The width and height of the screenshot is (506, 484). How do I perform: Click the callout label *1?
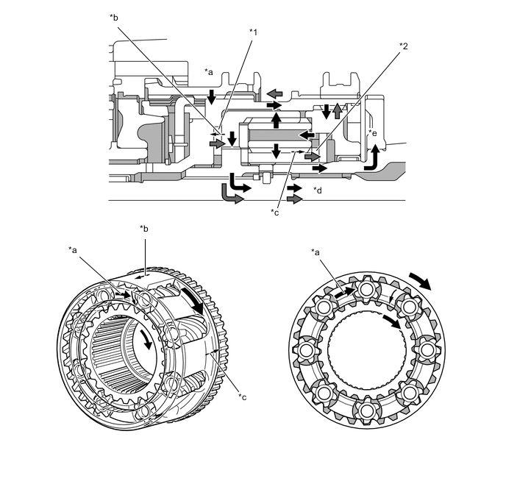tap(252, 32)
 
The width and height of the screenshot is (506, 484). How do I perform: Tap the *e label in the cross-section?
tap(373, 133)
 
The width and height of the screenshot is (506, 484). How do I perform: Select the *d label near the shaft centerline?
tap(318, 191)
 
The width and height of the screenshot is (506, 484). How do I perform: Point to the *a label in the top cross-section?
tap(209, 72)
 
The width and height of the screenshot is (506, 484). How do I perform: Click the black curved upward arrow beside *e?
tap(374, 157)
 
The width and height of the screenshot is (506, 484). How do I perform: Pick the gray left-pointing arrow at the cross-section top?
tap(275, 93)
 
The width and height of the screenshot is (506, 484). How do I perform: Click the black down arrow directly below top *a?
tap(211, 96)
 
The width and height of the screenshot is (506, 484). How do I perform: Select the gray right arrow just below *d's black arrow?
tap(294, 199)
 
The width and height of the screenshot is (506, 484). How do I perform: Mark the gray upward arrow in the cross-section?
tap(337, 111)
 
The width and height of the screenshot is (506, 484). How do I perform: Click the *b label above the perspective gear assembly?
tap(144, 229)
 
